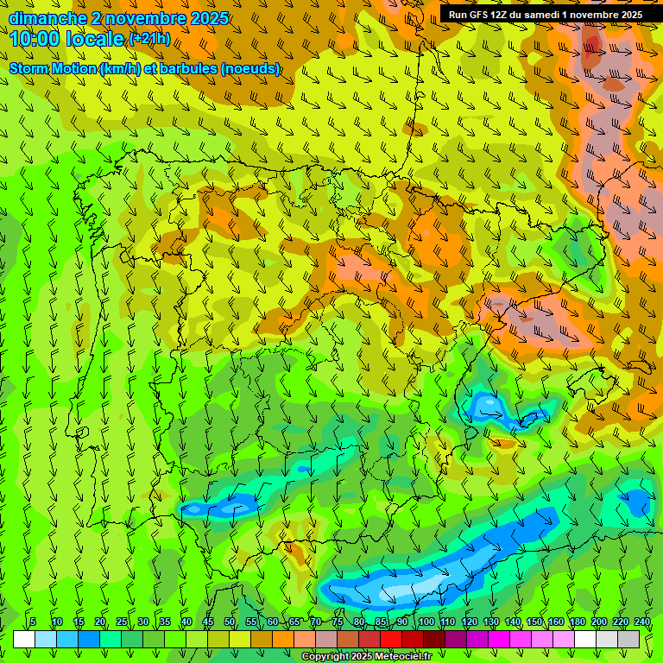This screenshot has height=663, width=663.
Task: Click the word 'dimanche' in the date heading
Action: point(47,18)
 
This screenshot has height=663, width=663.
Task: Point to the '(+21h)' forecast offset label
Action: point(149,39)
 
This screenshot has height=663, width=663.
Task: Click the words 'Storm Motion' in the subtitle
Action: point(54,68)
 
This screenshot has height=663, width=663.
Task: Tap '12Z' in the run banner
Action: point(504,15)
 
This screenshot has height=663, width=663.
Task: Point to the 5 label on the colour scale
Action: point(33,622)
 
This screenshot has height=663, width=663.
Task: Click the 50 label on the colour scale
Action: point(230,622)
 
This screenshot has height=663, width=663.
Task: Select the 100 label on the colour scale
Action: point(426,622)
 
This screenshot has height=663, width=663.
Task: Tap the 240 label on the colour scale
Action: point(641,622)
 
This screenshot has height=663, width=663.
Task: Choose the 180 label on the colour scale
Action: point(577,622)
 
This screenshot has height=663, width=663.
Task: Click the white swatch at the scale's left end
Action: point(24,640)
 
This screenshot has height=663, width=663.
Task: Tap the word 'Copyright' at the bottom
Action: point(325,657)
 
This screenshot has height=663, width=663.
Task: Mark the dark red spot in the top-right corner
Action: point(592,47)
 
